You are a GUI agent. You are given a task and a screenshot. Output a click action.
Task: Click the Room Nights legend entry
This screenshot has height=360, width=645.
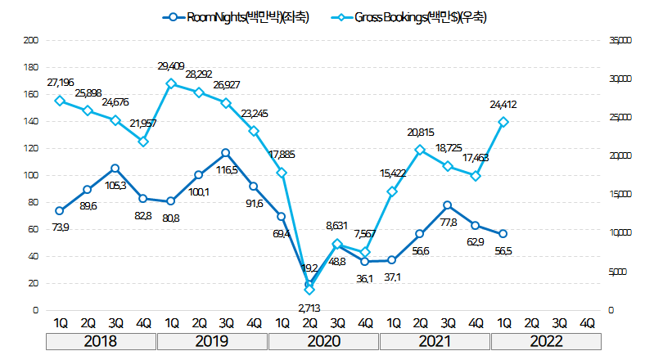pyautogui.click(x=237, y=17)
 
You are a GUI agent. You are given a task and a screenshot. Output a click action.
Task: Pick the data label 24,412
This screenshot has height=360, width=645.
pyautogui.click(x=503, y=105)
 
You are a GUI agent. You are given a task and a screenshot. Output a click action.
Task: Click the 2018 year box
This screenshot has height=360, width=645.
pyautogui.click(x=101, y=340)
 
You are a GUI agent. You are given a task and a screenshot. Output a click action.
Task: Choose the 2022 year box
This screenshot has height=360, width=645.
pyautogui.click(x=546, y=340)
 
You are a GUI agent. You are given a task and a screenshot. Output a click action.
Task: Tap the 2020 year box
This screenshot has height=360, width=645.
pyautogui.click(x=323, y=340)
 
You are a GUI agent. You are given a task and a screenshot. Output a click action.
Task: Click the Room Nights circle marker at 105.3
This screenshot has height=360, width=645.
pyautogui.click(x=115, y=169)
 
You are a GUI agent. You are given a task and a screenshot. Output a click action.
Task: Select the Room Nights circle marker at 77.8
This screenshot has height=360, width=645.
pyautogui.click(x=448, y=205)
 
